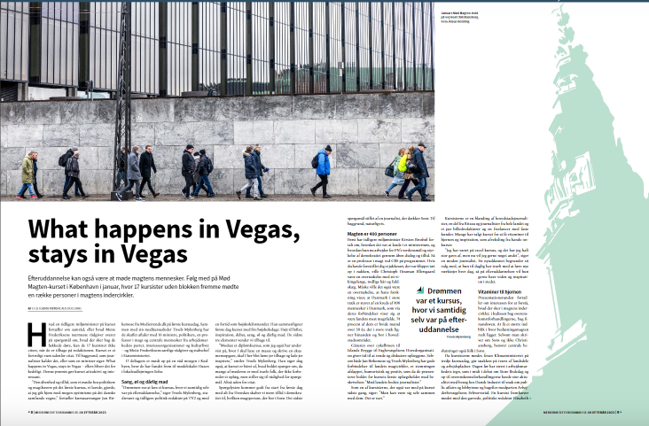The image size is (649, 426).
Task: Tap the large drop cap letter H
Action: point(37,329)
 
